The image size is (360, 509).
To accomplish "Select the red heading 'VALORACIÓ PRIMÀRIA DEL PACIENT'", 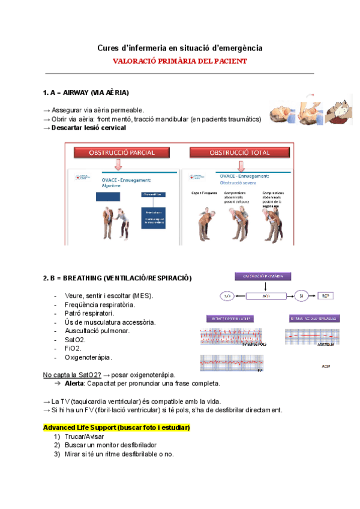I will tap(180, 61).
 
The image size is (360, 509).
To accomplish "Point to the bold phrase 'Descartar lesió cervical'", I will tap(88, 128).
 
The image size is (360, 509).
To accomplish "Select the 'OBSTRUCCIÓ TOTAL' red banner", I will tap(239, 152).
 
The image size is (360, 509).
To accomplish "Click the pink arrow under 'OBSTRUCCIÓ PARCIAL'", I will tap(118, 164).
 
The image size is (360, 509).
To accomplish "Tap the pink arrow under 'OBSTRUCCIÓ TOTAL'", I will tap(240, 164).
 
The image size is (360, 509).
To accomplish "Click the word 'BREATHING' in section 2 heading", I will tap(82, 279).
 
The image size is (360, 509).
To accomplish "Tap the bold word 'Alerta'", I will tap(76, 383).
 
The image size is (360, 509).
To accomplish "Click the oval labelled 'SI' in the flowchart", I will tap(301, 296).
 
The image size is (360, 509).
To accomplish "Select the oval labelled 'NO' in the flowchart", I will tap(227, 296).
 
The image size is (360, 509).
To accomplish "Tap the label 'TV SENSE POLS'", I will tap(254, 345).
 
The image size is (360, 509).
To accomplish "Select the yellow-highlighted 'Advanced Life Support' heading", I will tap(117, 427).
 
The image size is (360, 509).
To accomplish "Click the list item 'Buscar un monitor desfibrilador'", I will tap(110, 445).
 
